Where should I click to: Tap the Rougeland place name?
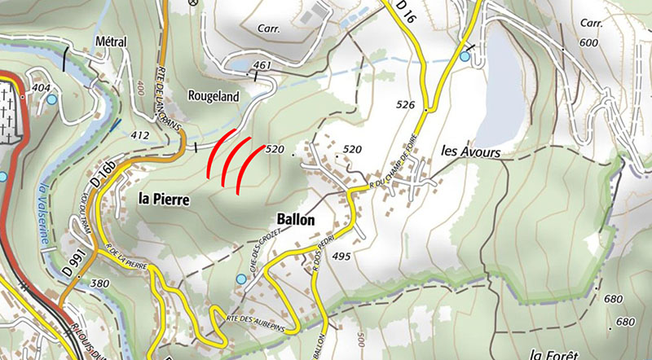tap(214, 96)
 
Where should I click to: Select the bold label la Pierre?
tap(164, 198)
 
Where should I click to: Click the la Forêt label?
tap(553, 353)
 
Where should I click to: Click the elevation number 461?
tap(262, 64)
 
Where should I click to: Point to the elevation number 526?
tap(407, 105)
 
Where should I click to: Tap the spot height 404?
tap(41, 86)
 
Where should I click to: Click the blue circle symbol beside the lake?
tap(465, 56)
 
